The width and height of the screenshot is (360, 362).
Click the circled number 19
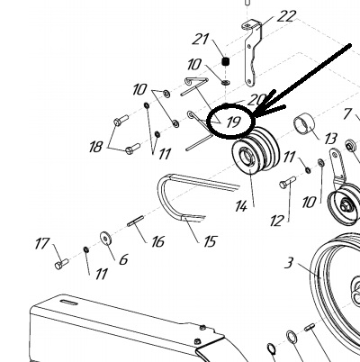(234, 122)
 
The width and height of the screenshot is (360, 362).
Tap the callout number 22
(286, 16)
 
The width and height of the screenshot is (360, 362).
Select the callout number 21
(200, 39)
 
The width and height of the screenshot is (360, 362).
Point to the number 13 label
(330, 139)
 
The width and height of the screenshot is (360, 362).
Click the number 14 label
(241, 206)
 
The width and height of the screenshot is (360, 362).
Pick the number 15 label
(210, 241)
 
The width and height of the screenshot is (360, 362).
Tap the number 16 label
(157, 241)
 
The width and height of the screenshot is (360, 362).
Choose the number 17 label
(42, 243)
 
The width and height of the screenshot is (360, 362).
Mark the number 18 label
(96, 147)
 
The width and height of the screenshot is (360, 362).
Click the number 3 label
(289, 263)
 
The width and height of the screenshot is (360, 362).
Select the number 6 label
(123, 259)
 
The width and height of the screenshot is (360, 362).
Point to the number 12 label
(276, 222)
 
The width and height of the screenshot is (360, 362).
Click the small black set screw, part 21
(226, 62)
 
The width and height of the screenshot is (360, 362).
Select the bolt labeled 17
(61, 264)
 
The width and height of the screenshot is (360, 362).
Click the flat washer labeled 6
(105, 239)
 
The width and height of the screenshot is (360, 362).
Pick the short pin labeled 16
(136, 222)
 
